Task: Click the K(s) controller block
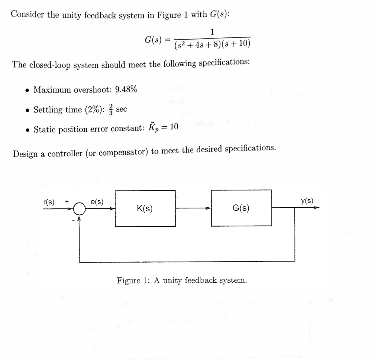[145, 208]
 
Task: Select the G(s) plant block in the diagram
[241, 208]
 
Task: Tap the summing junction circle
[79, 209]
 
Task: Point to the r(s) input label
[49, 202]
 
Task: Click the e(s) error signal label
[97, 202]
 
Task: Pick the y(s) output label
[307, 201]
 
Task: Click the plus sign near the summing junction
[67, 202]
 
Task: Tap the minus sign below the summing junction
[73, 220]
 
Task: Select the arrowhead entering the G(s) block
[208, 208]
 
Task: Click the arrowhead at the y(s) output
[316, 208]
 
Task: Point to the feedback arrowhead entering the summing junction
[79, 218]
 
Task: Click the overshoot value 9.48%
[126, 89]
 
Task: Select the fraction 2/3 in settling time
[111, 109]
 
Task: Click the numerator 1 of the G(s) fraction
[212, 31]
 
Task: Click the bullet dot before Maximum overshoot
[28, 90]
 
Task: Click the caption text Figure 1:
[133, 280]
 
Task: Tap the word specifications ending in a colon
[224, 63]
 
